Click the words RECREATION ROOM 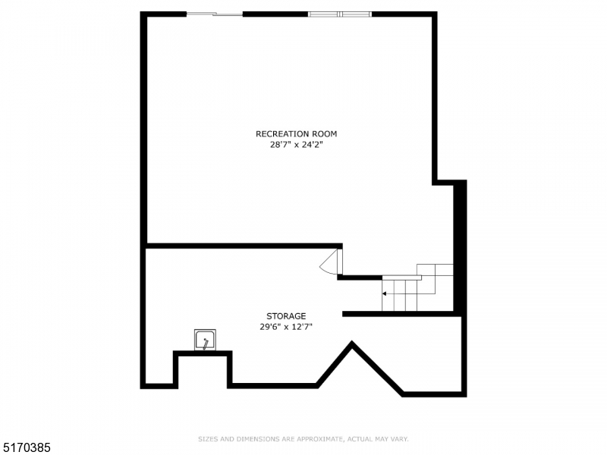296,134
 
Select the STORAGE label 286,316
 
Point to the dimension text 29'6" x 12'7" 286,327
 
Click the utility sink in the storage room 205,340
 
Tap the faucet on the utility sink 205,344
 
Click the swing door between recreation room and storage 332,262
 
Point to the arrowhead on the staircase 385,293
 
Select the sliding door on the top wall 215,14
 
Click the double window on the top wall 340,14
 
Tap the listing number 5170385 27,448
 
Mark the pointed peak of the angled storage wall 351,345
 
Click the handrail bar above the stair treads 401,278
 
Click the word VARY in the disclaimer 400,439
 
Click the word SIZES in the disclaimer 207,439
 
